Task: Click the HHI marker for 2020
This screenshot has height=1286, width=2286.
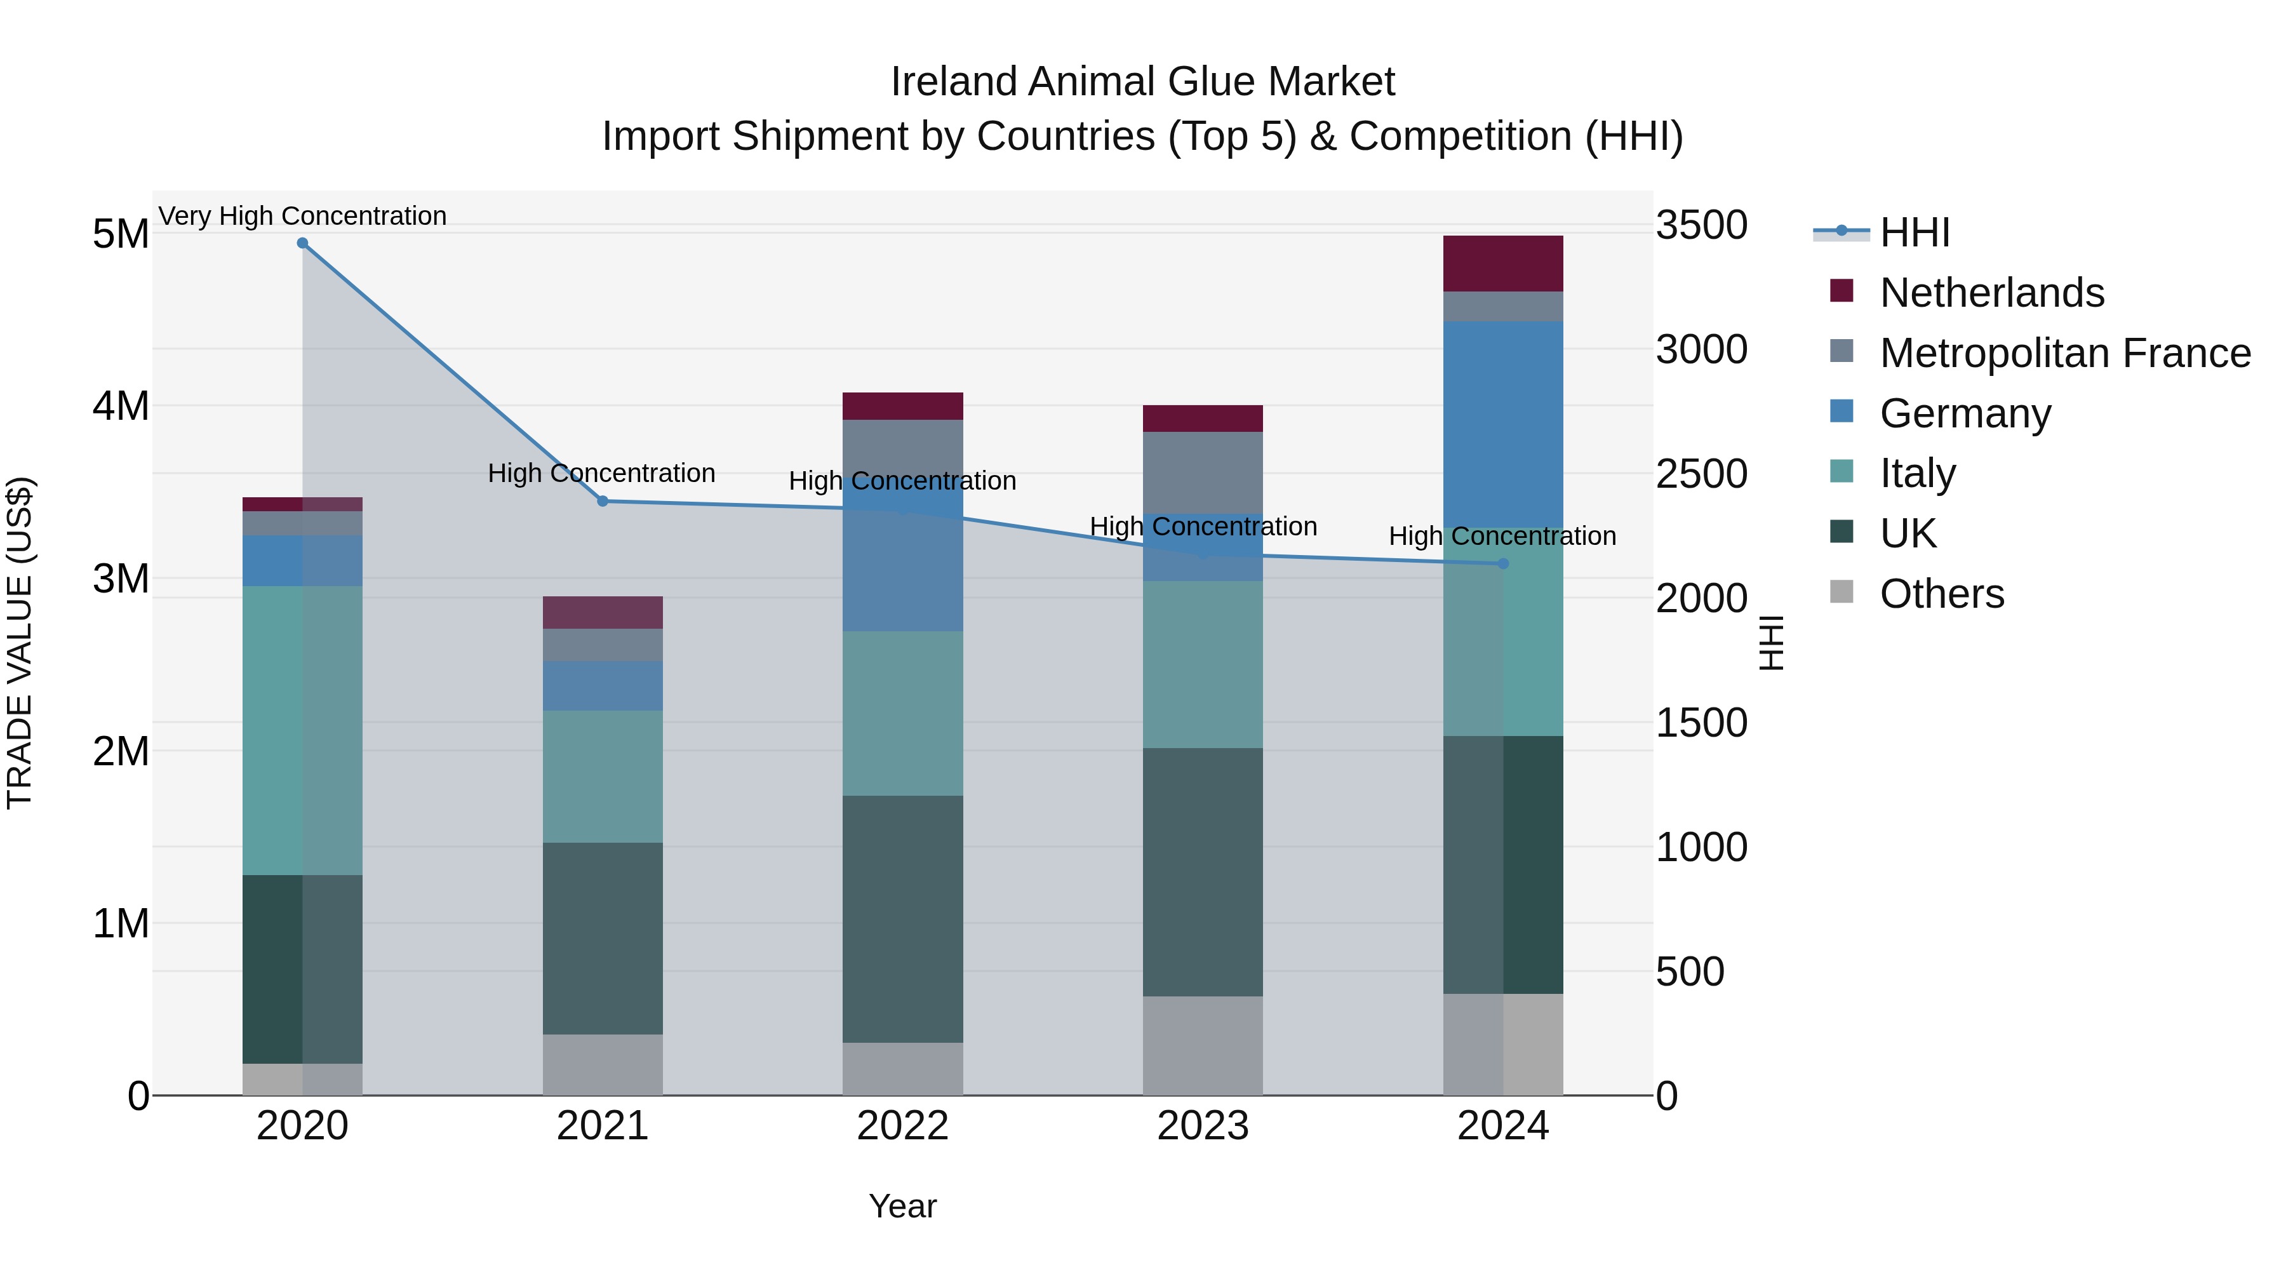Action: coord(303,243)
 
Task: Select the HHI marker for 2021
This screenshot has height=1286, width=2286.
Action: coord(603,502)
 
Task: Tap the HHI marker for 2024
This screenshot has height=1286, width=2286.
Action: coord(1503,563)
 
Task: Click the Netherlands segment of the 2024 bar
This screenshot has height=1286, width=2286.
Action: coord(1503,264)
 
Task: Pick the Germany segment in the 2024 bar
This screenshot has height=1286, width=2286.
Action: coord(1503,424)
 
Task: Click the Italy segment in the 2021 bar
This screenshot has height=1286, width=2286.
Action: coord(603,777)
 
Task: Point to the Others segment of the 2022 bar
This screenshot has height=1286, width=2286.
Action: coord(902,1069)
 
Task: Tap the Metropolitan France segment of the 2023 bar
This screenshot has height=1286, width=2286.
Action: coord(1203,472)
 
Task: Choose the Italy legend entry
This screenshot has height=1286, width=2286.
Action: coord(1917,474)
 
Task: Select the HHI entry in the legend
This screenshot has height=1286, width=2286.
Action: coord(1914,232)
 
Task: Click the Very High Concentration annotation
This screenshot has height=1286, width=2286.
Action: coord(303,217)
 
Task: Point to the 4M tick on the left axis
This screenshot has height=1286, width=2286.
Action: coord(121,406)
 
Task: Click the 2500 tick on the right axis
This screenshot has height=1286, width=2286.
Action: coord(1701,474)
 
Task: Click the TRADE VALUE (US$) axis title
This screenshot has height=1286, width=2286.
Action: coord(20,643)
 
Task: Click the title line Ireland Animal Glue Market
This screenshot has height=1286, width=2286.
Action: coord(1142,82)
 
